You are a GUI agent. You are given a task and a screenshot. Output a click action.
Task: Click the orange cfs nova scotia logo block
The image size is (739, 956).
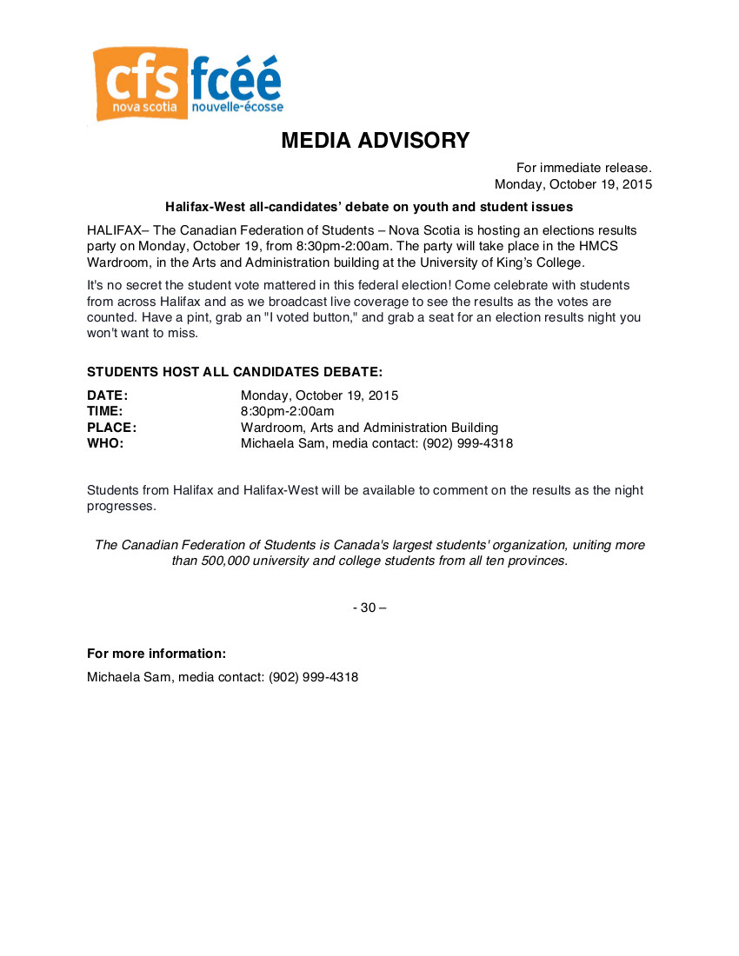click(139, 84)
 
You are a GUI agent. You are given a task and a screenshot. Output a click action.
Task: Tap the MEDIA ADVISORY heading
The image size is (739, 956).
click(375, 141)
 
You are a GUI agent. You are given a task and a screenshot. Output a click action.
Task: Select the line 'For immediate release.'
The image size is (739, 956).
click(583, 167)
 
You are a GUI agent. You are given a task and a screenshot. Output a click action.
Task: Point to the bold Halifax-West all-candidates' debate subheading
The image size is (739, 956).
click(369, 207)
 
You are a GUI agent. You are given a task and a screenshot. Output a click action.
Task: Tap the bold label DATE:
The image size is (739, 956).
click(107, 395)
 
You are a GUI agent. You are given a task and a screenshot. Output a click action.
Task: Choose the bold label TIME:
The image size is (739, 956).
click(104, 411)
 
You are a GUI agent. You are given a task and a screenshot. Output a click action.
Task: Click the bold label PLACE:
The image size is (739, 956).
click(111, 428)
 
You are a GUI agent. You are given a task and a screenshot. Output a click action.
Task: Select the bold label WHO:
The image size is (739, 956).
click(105, 443)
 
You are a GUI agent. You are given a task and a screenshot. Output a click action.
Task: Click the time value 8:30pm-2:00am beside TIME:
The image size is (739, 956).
click(287, 411)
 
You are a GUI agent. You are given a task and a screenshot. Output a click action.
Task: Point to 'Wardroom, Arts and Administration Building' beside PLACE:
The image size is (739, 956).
click(369, 428)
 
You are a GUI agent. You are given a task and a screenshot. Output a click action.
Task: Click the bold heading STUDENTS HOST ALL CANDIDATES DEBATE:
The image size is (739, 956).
click(234, 372)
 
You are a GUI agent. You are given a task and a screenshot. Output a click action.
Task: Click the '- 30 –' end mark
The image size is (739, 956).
click(369, 607)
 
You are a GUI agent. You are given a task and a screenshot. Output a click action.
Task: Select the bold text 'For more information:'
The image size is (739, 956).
click(156, 654)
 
